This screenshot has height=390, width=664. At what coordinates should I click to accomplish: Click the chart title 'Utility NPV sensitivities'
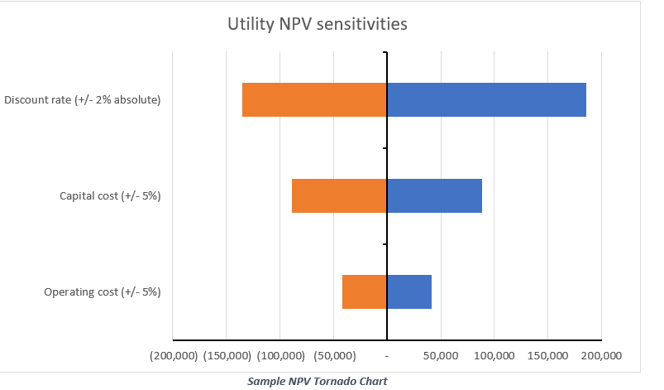pos(317,25)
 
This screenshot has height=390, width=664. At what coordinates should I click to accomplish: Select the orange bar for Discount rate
pos(314,99)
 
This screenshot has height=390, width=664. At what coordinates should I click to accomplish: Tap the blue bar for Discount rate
pos(486,99)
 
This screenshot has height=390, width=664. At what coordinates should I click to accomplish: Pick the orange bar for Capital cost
pos(339,196)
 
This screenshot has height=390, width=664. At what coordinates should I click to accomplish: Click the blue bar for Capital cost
pos(434,196)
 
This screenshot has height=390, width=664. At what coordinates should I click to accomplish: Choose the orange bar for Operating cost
pos(364,292)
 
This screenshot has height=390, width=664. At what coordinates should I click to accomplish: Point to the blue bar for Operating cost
pos(409,292)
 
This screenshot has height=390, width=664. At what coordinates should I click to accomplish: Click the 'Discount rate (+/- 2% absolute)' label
pos(82,100)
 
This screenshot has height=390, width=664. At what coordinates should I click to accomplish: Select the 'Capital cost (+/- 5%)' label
pos(110,196)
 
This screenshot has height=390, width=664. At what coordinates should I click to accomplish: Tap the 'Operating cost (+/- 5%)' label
pos(102,292)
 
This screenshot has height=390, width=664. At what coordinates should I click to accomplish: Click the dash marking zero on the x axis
pos(387,356)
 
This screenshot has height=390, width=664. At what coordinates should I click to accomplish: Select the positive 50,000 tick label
pos(440,355)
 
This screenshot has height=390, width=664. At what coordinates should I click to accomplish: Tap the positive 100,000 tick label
pos(494,355)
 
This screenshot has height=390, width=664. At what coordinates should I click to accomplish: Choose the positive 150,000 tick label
pos(547,355)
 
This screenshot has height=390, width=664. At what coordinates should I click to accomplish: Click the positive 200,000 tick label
pos(600,355)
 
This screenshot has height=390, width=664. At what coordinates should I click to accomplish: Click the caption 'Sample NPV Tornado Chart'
pos(317,381)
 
